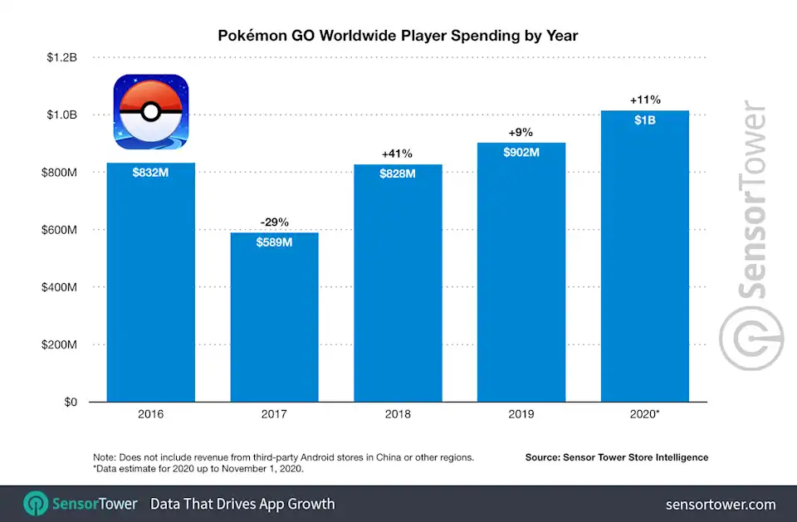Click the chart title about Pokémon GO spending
pyautogui.click(x=398, y=37)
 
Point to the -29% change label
pyautogui.click(x=274, y=222)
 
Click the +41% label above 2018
pyautogui.click(x=398, y=154)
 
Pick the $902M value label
pyautogui.click(x=521, y=153)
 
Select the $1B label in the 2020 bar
pyautogui.click(x=644, y=121)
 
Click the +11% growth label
pyautogui.click(x=644, y=100)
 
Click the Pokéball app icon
pyautogui.click(x=150, y=113)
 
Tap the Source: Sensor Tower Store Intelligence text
pyautogui.click(x=616, y=457)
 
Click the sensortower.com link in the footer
pyautogui.click(x=721, y=504)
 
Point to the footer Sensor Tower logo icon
pyautogui.click(x=36, y=504)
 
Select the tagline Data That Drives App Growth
pyautogui.click(x=242, y=504)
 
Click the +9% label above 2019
pyautogui.click(x=521, y=132)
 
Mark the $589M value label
pyautogui.click(x=274, y=242)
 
